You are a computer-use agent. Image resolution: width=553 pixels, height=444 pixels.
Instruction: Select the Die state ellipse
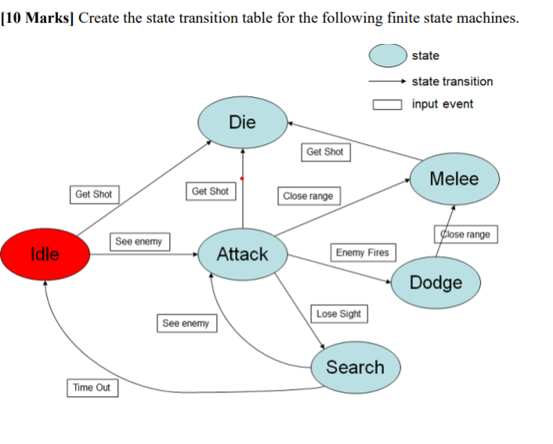[242, 122]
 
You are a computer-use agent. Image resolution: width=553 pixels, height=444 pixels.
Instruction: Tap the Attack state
[242, 254]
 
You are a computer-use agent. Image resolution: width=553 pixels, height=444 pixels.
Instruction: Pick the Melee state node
[454, 179]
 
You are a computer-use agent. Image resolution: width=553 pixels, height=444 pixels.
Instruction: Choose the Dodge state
[436, 282]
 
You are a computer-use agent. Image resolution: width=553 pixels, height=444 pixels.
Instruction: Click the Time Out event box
[92, 388]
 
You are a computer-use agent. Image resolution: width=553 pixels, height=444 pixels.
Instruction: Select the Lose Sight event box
[339, 314]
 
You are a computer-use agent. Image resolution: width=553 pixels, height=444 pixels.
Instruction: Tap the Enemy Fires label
[362, 252]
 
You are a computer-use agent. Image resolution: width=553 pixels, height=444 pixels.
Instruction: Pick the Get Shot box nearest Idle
[93, 194]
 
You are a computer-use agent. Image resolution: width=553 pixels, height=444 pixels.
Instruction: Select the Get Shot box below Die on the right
[324, 152]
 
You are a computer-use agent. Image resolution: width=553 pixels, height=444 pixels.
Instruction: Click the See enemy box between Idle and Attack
[139, 242]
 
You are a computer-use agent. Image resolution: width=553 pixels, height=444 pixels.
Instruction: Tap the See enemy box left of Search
[186, 323]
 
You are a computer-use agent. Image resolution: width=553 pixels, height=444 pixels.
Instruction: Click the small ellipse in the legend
[388, 56]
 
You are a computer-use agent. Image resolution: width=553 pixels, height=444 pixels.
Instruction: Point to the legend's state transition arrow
[387, 81]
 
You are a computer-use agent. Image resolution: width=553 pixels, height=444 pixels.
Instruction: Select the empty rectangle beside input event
[388, 104]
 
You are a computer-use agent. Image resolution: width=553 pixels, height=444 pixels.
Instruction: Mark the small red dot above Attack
[242, 179]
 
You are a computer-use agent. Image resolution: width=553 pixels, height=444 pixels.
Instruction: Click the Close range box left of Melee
[308, 196]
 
